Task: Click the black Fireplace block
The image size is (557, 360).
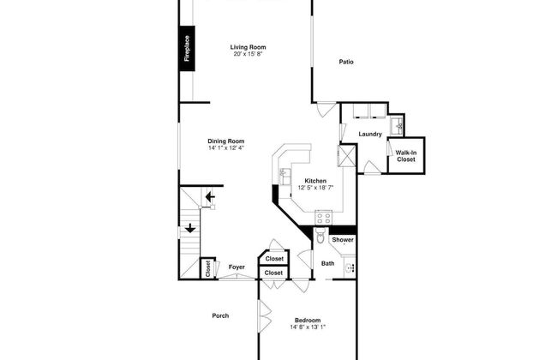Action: point(187,48)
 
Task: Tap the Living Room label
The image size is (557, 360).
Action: point(248,47)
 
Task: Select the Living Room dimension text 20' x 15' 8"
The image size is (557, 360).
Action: point(248,54)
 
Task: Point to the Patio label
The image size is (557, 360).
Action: point(346,62)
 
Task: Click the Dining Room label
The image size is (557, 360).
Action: point(226,141)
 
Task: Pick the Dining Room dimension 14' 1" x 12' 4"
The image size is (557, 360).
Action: point(226,147)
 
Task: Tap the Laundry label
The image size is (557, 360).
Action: point(370,134)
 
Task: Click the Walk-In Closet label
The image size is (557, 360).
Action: point(406,156)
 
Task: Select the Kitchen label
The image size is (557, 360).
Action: point(315,181)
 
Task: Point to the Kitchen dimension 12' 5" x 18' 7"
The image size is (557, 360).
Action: point(315,188)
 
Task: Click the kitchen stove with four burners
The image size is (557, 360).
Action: point(324,218)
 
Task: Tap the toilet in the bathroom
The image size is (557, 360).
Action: point(320,235)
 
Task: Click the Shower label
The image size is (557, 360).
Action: point(343,240)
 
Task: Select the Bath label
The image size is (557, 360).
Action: point(327,263)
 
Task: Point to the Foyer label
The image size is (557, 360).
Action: point(237,267)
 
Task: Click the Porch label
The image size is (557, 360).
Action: point(220,315)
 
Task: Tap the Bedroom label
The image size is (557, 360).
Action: point(308,321)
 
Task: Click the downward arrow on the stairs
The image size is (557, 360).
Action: point(190,228)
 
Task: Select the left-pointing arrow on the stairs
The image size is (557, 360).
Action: point(210,196)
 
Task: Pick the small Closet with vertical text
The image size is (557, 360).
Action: point(208,268)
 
